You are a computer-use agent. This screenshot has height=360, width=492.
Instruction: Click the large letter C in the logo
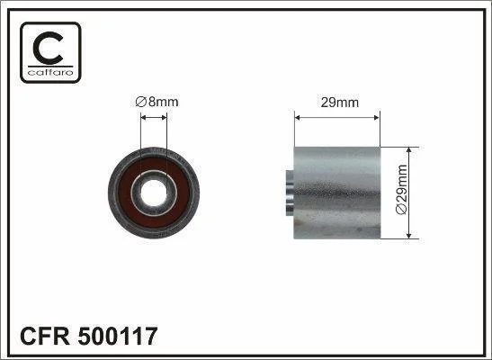(x=49, y=48)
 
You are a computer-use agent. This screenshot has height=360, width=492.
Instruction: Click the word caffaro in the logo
(x=50, y=73)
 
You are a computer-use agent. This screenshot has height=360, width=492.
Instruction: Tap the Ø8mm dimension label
(x=157, y=102)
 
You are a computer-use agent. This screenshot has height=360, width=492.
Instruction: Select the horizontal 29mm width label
(x=339, y=103)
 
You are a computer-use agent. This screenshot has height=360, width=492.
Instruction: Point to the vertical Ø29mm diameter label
(x=401, y=190)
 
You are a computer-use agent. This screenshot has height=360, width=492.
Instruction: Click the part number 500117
(x=118, y=336)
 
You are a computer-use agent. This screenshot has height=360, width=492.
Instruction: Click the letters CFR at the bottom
(x=45, y=336)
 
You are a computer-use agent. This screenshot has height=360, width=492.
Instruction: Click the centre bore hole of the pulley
(x=154, y=193)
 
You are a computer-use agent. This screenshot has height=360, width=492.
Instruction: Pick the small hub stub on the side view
(x=290, y=193)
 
